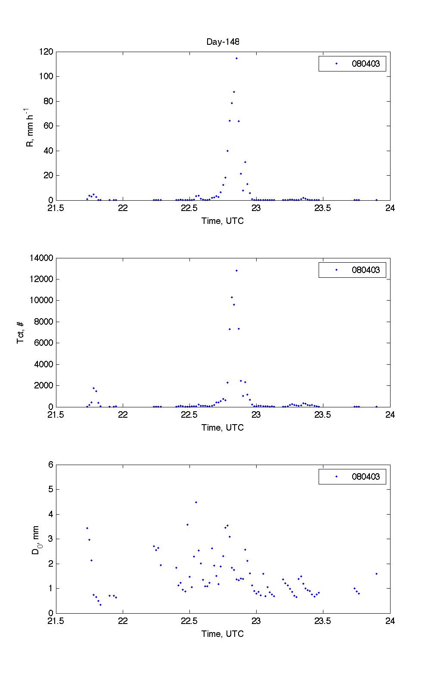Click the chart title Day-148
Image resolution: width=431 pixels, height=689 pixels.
point(223,42)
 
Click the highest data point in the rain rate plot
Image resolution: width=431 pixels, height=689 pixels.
point(236,58)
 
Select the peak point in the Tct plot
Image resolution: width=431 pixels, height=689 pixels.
point(236,270)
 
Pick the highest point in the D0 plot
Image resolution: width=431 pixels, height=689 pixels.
point(196,502)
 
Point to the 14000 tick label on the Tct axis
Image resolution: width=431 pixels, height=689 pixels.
point(41,258)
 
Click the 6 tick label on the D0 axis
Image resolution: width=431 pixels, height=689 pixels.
point(50,465)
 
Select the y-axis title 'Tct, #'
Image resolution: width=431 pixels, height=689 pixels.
point(21,332)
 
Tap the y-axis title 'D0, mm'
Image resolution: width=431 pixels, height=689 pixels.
point(36,539)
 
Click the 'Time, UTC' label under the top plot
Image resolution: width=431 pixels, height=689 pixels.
point(223,221)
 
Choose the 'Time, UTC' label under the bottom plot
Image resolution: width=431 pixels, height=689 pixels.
point(223,634)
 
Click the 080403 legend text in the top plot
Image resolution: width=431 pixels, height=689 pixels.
point(366,64)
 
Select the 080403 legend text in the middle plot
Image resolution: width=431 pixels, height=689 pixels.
point(366,270)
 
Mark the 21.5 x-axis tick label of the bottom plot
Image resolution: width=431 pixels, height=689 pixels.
point(56,621)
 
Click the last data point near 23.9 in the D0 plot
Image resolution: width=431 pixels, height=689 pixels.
point(376,574)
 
